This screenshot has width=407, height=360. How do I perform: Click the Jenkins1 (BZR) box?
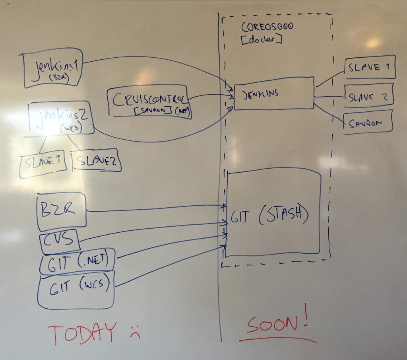coord(53,68)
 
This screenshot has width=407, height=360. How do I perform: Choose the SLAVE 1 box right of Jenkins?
coord(369,67)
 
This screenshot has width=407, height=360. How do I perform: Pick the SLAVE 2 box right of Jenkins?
coord(369,97)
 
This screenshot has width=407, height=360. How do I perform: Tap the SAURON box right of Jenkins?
coord(368,123)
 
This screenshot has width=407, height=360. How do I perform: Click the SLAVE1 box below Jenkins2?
coord(43,163)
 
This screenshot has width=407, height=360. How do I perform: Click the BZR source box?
coord(62,211)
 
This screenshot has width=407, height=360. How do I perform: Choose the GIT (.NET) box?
coord(78,261)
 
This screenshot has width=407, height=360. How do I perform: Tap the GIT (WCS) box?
coord(76,289)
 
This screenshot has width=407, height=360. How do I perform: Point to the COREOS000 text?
coord(267,27)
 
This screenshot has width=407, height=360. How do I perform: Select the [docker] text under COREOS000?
coord(262,39)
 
